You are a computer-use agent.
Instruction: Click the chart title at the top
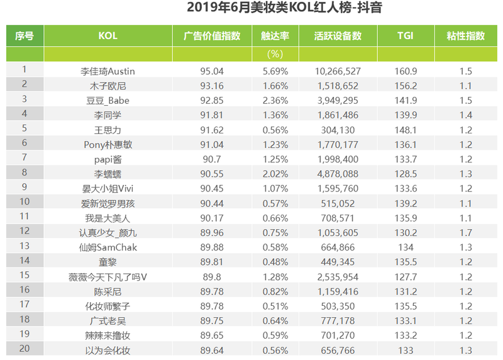point(285,9)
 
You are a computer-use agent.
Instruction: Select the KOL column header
point(108,36)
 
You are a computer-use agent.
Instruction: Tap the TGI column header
point(406,36)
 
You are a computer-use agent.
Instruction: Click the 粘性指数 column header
point(466,36)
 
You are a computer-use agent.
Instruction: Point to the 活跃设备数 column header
point(338,36)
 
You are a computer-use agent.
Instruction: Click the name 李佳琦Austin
point(108,71)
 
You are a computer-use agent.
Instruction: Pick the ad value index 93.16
point(212,86)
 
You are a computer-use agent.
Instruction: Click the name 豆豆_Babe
point(108,100)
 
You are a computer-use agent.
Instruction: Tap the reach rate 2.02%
point(275,174)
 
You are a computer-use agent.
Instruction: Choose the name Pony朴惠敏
point(108,144)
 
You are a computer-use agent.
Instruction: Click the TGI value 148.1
point(406,130)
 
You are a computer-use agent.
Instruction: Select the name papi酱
point(108,159)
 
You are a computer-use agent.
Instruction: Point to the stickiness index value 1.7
point(466,232)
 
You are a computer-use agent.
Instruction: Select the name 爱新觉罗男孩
point(108,203)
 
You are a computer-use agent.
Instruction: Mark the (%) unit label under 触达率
point(275,55)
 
